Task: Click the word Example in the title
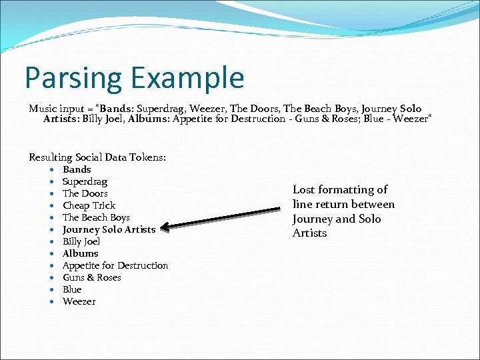189,79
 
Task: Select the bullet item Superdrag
85,181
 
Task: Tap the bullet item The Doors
85,193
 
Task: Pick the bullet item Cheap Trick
89,205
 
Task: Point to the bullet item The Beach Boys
96,217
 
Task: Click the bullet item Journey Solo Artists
109,229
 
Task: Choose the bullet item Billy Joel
81,241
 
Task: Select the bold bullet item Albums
80,253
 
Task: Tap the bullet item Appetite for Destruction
115,265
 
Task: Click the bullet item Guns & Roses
92,277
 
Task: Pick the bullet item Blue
72,289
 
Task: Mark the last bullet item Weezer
79,301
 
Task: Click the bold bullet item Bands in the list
77,169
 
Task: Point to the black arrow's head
165,227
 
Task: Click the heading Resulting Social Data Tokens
97,157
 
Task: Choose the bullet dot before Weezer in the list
51,302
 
